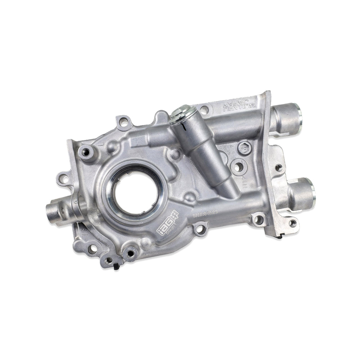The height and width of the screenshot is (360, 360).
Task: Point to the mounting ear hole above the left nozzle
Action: [x=64, y=178]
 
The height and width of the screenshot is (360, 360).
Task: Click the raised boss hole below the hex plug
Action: [x=238, y=167]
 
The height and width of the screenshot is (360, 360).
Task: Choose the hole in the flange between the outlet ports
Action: [x=279, y=167]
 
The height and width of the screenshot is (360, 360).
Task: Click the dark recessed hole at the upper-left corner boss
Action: [x=86, y=153]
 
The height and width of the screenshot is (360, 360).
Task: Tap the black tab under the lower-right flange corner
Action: [x=280, y=236]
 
